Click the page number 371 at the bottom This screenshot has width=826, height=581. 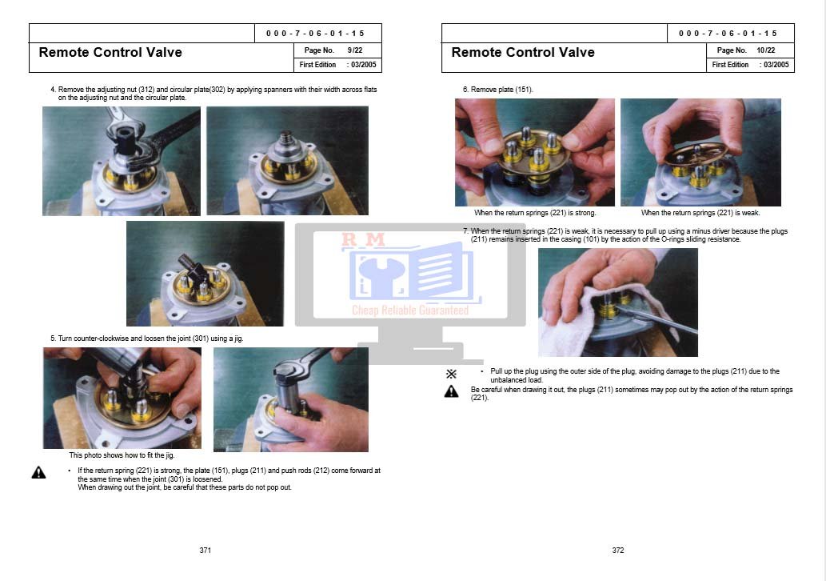[206, 551]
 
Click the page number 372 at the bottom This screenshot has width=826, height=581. [618, 551]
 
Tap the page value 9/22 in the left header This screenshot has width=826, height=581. [355, 50]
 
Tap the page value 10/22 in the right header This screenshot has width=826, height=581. [766, 50]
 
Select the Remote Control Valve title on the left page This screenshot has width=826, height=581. [110, 52]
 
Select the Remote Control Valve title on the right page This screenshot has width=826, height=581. [523, 52]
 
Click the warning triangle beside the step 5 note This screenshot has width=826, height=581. [39, 472]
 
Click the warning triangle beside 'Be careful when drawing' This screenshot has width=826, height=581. [452, 391]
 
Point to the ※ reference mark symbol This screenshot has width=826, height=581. [452, 374]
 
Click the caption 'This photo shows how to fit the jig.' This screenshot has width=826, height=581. [122, 455]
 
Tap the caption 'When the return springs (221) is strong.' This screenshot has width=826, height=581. [535, 213]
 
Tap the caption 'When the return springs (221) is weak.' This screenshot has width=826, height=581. [700, 213]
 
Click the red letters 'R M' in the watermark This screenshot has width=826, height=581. [364, 240]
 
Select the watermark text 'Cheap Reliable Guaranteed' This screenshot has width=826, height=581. [410, 310]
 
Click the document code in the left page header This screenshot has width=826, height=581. [315, 34]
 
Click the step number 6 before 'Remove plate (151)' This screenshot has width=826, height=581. [465, 90]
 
